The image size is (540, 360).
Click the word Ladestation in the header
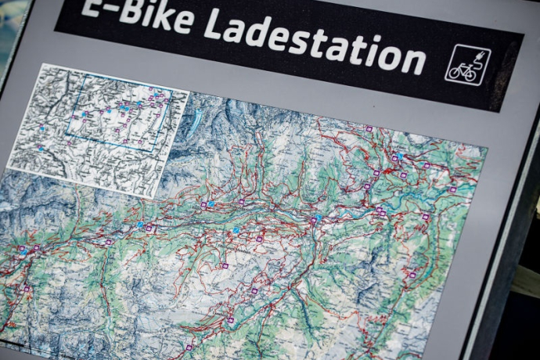click(x=313, y=40)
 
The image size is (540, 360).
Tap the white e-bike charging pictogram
click(x=467, y=64)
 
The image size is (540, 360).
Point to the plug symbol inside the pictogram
click(x=477, y=56)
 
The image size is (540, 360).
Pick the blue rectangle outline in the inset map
click(x=117, y=118)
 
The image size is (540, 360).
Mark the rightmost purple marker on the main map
click(x=452, y=189)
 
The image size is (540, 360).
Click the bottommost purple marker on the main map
click(x=189, y=347)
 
